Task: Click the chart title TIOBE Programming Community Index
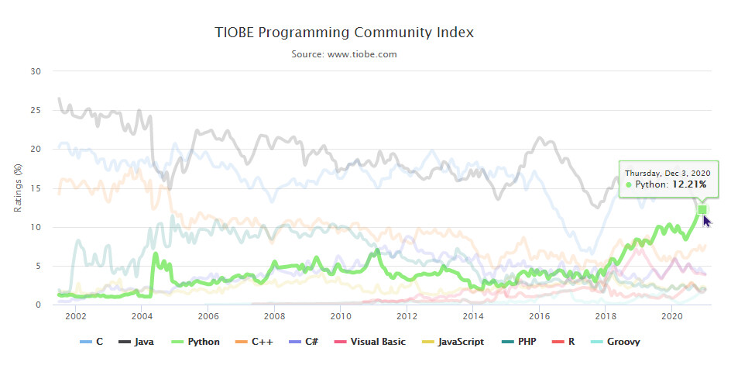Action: coord(344,33)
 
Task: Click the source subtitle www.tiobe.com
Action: coord(344,54)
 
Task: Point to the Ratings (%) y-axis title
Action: coord(18,188)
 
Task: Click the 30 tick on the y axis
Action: coord(36,71)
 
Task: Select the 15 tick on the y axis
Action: coord(36,188)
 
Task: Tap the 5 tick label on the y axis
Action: coord(38,267)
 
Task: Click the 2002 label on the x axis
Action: coord(75,317)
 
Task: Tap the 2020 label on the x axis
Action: coord(672,317)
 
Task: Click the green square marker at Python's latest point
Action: coord(702,209)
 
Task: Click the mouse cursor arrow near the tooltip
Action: coord(707,222)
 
